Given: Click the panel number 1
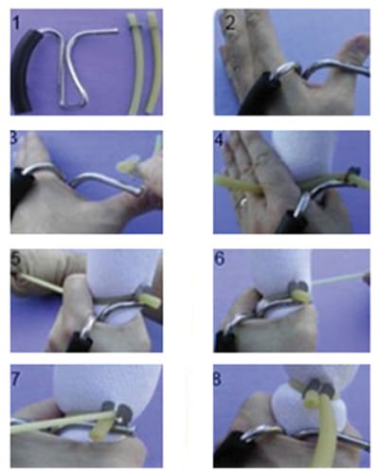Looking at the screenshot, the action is point(16,23).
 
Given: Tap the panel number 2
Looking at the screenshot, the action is point(230,23).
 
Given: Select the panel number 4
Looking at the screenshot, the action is point(219,139).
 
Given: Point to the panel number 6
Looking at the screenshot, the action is point(220,259).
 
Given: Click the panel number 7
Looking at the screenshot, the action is point(16,378).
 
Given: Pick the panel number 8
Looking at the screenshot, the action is point(217,379).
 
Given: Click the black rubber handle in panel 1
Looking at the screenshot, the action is point(25,70).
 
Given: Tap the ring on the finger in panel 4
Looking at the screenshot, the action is point(243,201).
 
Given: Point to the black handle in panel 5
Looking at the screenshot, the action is point(78,342).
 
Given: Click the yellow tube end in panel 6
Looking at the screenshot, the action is point(300,297).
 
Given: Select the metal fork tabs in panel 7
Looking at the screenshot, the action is point(115,410).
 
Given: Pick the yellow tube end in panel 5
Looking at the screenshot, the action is point(149,301).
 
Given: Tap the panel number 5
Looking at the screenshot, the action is point(16,259).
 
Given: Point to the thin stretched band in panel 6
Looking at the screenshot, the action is point(338,280).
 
